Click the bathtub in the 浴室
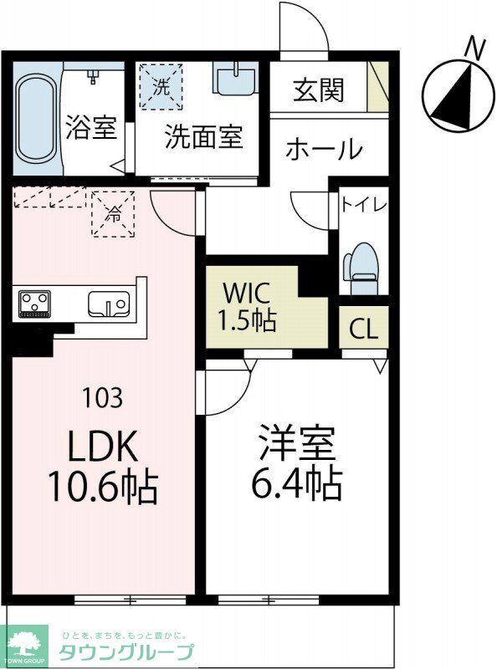[35, 120]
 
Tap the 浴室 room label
[90, 131]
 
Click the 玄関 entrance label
[318, 90]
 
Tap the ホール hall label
[324, 150]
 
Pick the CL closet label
[363, 328]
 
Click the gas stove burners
[34, 303]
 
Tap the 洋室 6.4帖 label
[298, 462]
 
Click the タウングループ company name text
[126, 653]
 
